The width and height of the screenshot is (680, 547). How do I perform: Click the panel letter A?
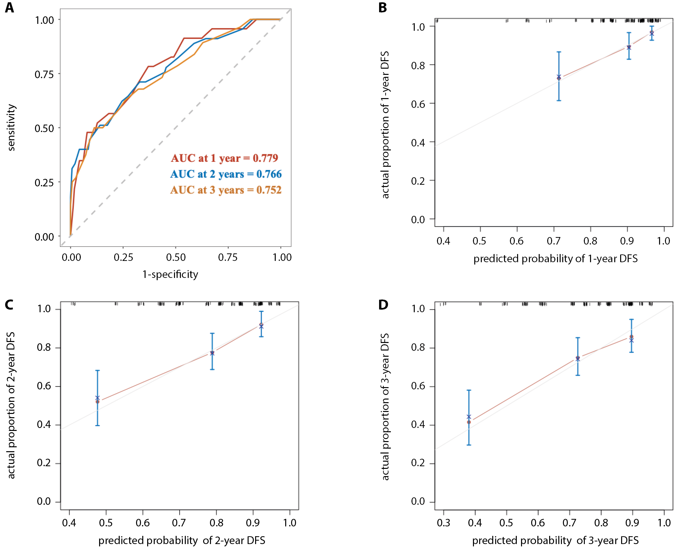tap(9, 8)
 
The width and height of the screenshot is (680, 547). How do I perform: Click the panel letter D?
tap(383, 305)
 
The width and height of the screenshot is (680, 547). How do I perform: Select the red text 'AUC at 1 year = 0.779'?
tap(224, 158)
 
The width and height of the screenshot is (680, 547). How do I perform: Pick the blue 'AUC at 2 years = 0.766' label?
tap(226, 174)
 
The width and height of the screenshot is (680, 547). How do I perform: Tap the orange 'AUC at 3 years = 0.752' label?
tap(226, 190)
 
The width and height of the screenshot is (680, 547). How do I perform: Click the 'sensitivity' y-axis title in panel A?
tap(11, 128)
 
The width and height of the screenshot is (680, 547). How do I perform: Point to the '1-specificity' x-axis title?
tap(170, 274)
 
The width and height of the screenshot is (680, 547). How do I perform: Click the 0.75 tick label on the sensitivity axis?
tap(44, 74)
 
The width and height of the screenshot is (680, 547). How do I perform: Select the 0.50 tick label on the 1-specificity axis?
tap(176, 257)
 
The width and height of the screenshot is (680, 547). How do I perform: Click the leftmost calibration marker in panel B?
tap(559, 77)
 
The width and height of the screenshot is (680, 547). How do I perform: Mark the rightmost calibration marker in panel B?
tap(652, 33)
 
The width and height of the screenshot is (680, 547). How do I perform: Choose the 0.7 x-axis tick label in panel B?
tap(553, 241)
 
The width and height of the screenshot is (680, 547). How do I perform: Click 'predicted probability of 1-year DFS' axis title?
tap(555, 259)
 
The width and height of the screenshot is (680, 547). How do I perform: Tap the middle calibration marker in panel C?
tap(212, 353)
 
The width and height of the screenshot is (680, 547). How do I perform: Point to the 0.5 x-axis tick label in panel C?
tap(106, 522)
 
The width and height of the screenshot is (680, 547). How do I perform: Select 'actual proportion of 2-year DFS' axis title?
tap(11, 405)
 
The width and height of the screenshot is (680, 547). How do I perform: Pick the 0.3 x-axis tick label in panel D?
tap(443, 522)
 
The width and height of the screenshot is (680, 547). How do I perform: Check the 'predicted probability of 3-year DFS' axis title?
tap(555, 540)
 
